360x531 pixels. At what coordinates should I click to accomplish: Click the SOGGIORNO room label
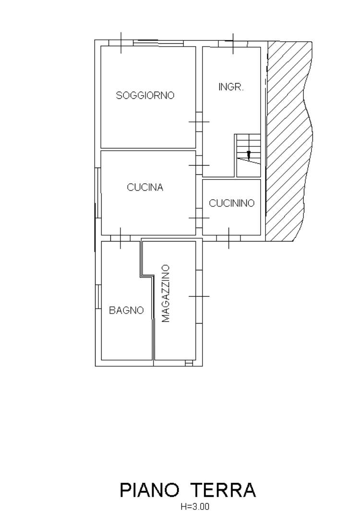(x=145, y=96)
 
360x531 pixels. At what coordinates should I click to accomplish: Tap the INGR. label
(x=231, y=87)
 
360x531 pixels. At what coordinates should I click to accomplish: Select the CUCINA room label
(x=145, y=187)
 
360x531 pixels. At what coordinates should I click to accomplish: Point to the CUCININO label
(x=232, y=203)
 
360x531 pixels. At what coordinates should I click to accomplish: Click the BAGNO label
(x=126, y=310)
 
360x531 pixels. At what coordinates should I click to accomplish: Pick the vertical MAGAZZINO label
(x=165, y=293)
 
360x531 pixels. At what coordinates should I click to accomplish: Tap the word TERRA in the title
(x=224, y=490)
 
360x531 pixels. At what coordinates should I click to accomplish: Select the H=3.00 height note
(x=195, y=507)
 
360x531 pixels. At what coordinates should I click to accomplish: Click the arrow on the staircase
(x=249, y=155)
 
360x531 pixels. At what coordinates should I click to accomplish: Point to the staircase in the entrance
(x=248, y=156)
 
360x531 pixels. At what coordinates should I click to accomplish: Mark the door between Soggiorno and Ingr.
(x=199, y=121)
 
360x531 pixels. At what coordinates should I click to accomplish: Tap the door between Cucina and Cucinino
(x=199, y=218)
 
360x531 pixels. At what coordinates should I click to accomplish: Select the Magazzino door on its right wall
(x=199, y=296)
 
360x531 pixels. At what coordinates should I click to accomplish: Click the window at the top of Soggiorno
(x=158, y=43)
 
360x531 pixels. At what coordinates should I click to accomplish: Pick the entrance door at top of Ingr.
(x=233, y=44)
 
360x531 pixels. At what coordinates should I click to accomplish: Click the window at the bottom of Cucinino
(x=228, y=238)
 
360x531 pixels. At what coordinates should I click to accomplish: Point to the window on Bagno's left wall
(x=98, y=296)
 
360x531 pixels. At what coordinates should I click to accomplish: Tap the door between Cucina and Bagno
(x=120, y=238)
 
